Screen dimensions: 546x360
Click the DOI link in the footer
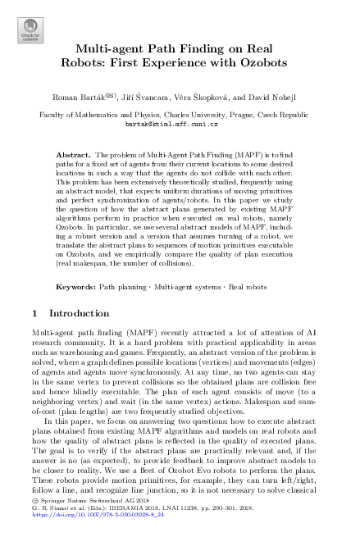(86, 534)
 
